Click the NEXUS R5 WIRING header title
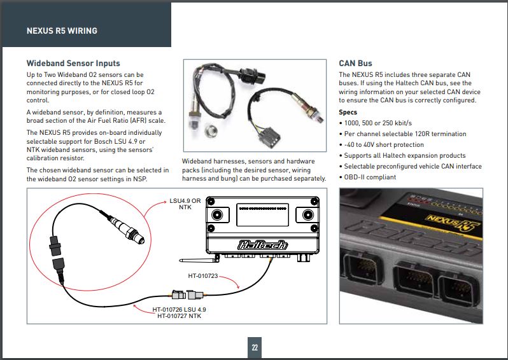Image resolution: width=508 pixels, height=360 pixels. point(62,31)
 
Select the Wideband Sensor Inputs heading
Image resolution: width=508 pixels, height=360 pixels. point(73,64)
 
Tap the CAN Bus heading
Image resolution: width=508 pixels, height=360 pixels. point(355,64)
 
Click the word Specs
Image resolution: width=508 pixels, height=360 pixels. point(348,113)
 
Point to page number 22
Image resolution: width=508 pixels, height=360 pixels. point(254,347)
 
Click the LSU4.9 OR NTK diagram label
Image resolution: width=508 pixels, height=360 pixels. point(185,204)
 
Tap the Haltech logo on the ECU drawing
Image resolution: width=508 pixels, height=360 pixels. point(262,245)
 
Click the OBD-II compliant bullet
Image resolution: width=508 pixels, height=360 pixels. point(370,177)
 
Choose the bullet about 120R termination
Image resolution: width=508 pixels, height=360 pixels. point(404,134)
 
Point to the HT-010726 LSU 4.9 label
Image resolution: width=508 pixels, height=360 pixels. point(180,309)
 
